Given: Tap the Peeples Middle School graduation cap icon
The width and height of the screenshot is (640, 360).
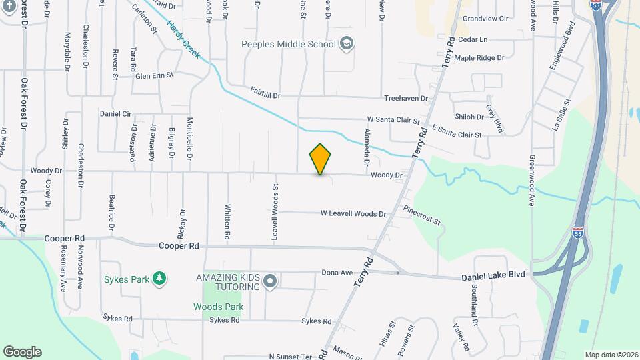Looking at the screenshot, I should coord(346,44).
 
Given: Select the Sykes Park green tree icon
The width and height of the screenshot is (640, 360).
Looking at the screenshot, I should coord(159,277).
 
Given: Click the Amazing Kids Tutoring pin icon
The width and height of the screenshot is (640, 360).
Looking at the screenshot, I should coord(270,281).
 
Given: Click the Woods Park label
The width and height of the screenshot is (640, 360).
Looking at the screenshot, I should coord(218,307).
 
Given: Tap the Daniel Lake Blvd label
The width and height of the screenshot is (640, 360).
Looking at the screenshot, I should coord(493,275).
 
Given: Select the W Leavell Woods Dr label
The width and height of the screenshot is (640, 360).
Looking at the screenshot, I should coord(353,214).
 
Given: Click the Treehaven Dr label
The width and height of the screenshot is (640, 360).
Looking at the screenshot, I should coord(406,98).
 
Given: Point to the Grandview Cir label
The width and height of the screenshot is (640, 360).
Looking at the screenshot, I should coord(485,19).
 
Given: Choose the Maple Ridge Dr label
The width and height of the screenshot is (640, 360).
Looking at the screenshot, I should coord(479,58).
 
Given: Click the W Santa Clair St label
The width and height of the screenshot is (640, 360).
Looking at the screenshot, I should coord(393,120).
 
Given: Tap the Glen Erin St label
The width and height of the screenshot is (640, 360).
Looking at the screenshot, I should coord(154,75).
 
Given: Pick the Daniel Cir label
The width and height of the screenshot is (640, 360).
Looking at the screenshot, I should coord(115,114).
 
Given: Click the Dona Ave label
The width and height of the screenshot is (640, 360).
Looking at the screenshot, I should coord(337,272).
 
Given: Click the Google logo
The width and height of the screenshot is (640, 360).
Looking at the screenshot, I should coord(22,351).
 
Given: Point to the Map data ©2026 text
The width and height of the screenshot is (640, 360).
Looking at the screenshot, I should coord(611,355).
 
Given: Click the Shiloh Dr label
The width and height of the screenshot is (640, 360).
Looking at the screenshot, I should coord(469,117).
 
